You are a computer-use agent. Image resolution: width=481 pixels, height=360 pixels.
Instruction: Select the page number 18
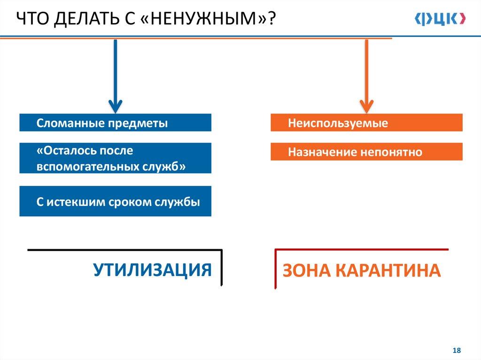click(x=456, y=351)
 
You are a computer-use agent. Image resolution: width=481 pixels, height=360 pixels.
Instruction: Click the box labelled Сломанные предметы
click(x=115, y=123)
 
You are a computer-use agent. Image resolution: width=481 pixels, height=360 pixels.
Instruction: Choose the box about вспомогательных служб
click(x=115, y=159)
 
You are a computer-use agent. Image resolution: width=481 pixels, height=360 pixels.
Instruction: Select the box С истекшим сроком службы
click(x=115, y=201)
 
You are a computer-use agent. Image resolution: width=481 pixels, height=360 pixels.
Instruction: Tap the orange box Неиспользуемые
click(x=366, y=123)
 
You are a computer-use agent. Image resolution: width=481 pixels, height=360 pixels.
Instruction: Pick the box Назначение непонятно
click(x=366, y=152)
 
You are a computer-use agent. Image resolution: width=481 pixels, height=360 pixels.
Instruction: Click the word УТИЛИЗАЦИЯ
click(x=152, y=270)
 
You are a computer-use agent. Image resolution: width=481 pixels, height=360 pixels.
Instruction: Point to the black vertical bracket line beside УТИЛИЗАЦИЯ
click(x=221, y=268)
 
